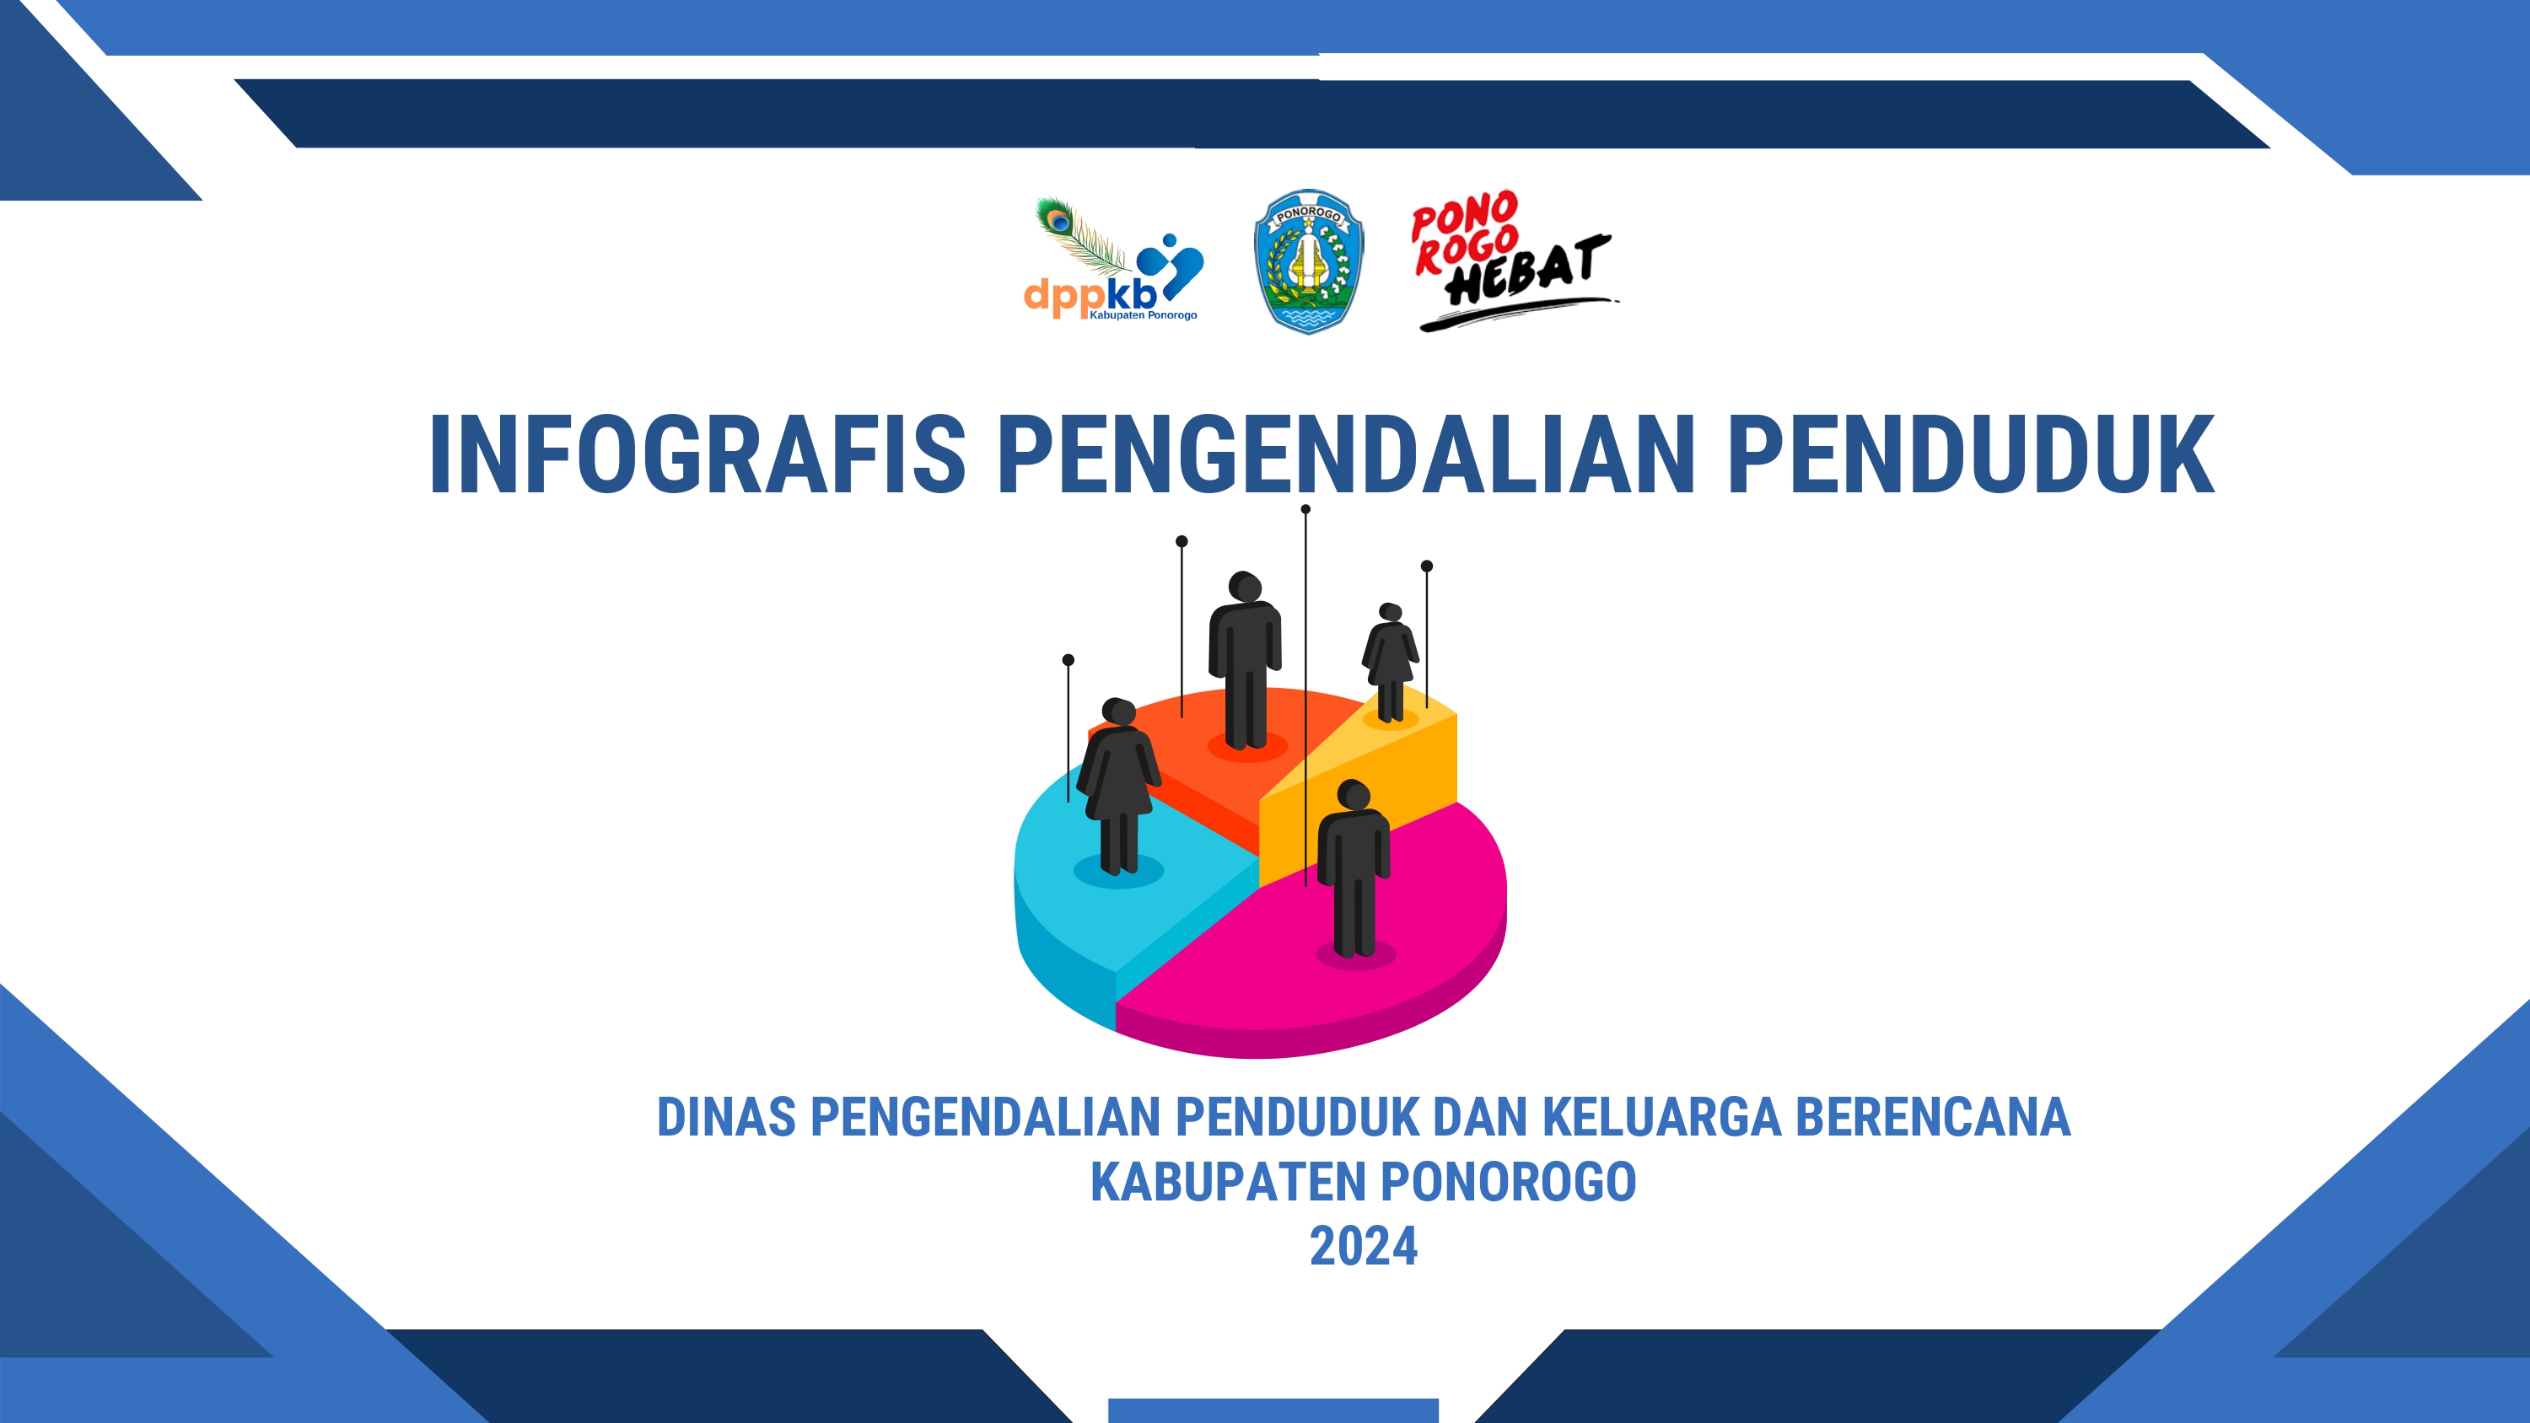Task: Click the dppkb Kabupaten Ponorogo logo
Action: pos(1112,260)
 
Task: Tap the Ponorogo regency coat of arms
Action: pos(1308,261)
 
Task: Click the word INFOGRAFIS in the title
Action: pos(697,454)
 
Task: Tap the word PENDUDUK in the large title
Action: pos(1971,454)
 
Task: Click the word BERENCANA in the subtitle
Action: pos(1933,1118)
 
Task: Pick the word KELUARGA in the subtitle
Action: pos(1661,1118)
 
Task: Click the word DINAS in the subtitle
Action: pos(726,1118)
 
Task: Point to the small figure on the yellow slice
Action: pos(1390,662)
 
